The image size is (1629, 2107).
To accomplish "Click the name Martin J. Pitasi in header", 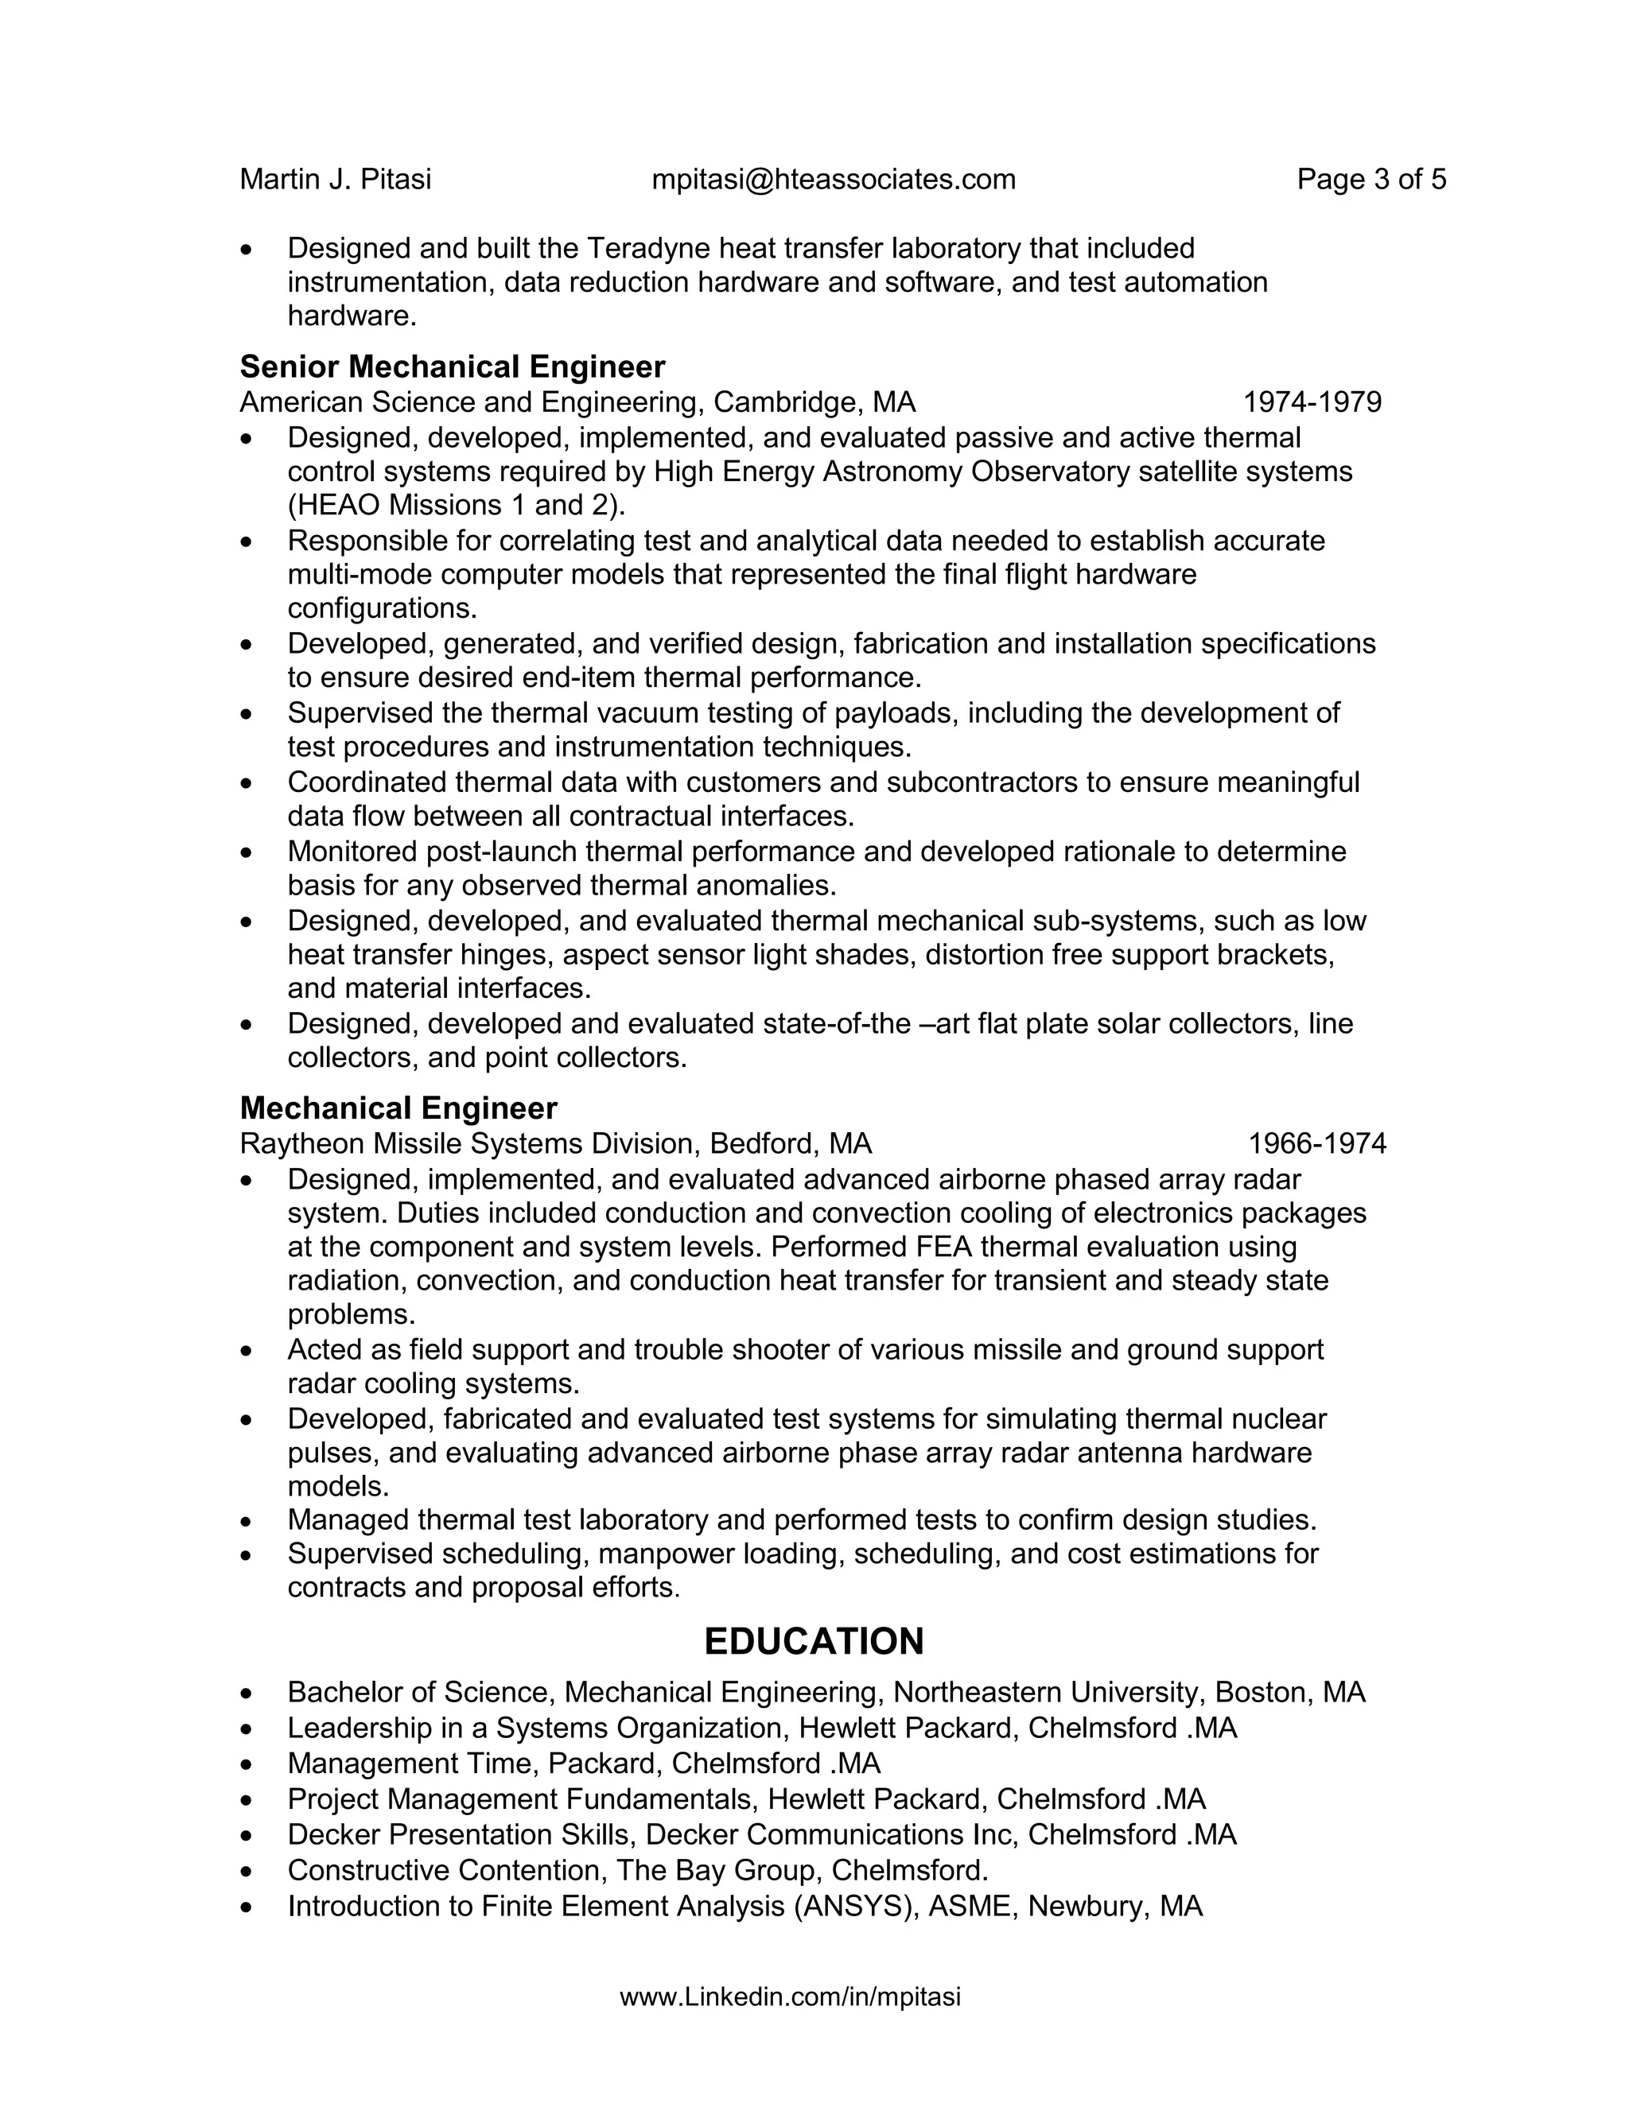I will tap(335, 180).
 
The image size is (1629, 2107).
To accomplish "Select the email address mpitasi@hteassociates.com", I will tap(834, 180).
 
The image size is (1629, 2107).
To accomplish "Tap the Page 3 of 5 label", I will tap(1370, 180).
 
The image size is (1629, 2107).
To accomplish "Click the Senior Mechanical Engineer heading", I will tap(452, 367).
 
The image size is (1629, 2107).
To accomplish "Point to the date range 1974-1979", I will tap(1312, 402).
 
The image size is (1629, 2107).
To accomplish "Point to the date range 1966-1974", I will tap(1316, 1143).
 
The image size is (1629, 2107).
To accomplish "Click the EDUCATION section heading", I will tap(814, 1641).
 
